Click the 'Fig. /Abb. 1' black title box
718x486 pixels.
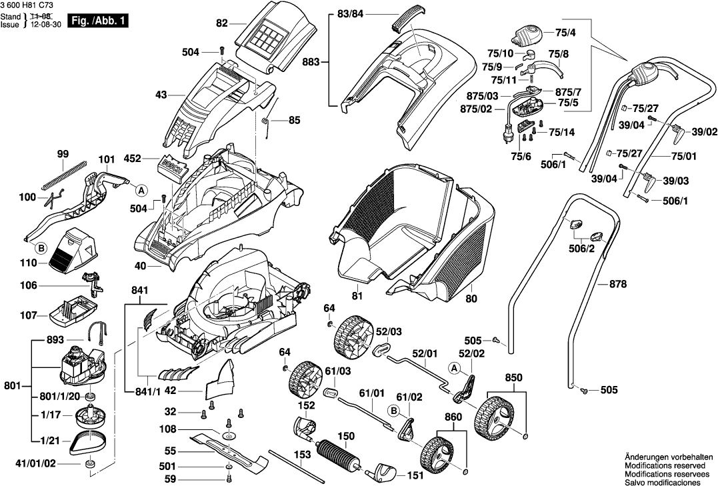coord(99,21)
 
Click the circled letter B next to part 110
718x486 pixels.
coord(41,249)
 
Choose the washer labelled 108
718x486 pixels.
coord(230,435)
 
